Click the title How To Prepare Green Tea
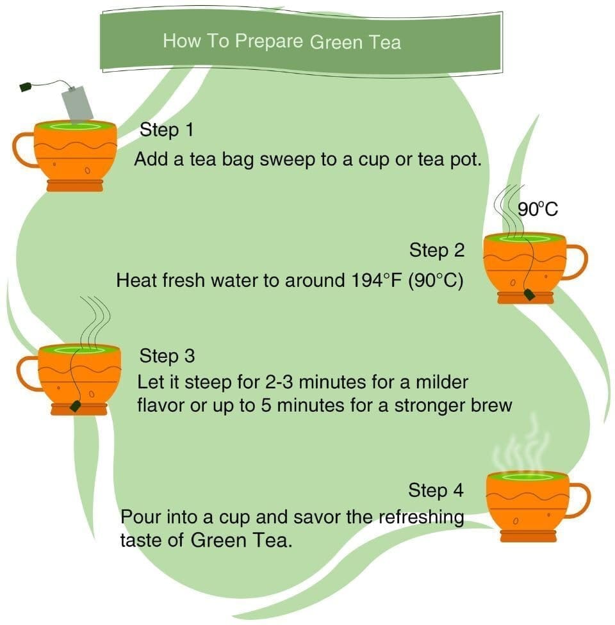pyautogui.click(x=282, y=42)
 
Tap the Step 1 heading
pyautogui.click(x=166, y=130)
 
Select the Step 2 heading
pyautogui.click(x=437, y=250)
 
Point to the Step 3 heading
pyautogui.click(x=167, y=355)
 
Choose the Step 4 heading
pyautogui.click(x=436, y=491)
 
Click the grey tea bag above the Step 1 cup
pyautogui.click(x=78, y=104)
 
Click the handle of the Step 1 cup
pyautogui.click(x=24, y=150)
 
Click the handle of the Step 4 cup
pyautogui.click(x=579, y=499)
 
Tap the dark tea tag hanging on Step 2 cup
pyautogui.click(x=530, y=294)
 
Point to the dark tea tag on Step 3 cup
pyautogui.click(x=76, y=405)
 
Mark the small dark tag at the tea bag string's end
pyautogui.click(x=26, y=86)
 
